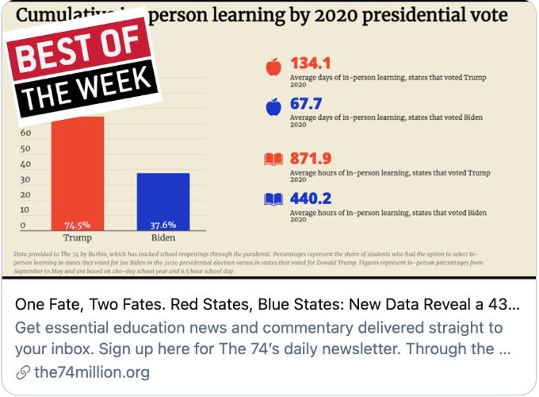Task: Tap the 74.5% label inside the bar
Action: tap(78, 225)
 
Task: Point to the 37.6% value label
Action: tap(163, 225)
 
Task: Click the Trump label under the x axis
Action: tap(78, 237)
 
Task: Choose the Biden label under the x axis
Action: tap(163, 237)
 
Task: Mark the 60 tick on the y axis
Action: tap(25, 134)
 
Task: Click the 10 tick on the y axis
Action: tap(25, 210)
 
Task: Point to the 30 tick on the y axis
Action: tap(25, 180)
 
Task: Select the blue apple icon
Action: tap(273, 106)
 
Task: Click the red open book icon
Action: tap(273, 160)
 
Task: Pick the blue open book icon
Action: tap(273, 198)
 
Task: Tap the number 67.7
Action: tap(308, 103)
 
